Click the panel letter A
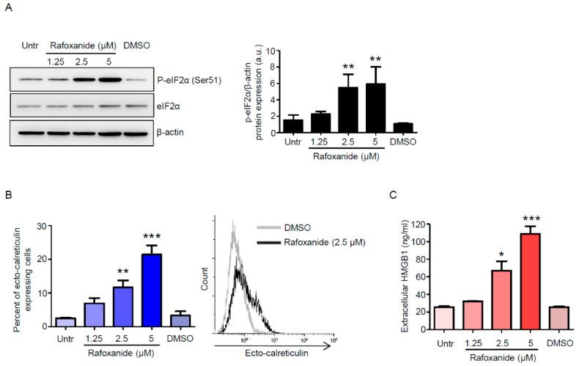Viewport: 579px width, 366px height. pos(8,8)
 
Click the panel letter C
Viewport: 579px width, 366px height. pos(414,197)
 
